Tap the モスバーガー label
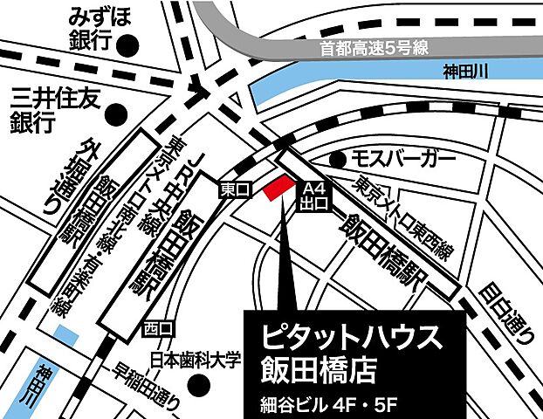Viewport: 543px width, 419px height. (x=403, y=159)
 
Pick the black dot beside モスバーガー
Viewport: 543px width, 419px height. (x=339, y=160)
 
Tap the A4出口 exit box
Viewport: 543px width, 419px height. (x=314, y=196)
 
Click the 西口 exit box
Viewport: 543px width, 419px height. (x=159, y=328)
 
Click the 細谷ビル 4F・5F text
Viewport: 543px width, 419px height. (x=327, y=402)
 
